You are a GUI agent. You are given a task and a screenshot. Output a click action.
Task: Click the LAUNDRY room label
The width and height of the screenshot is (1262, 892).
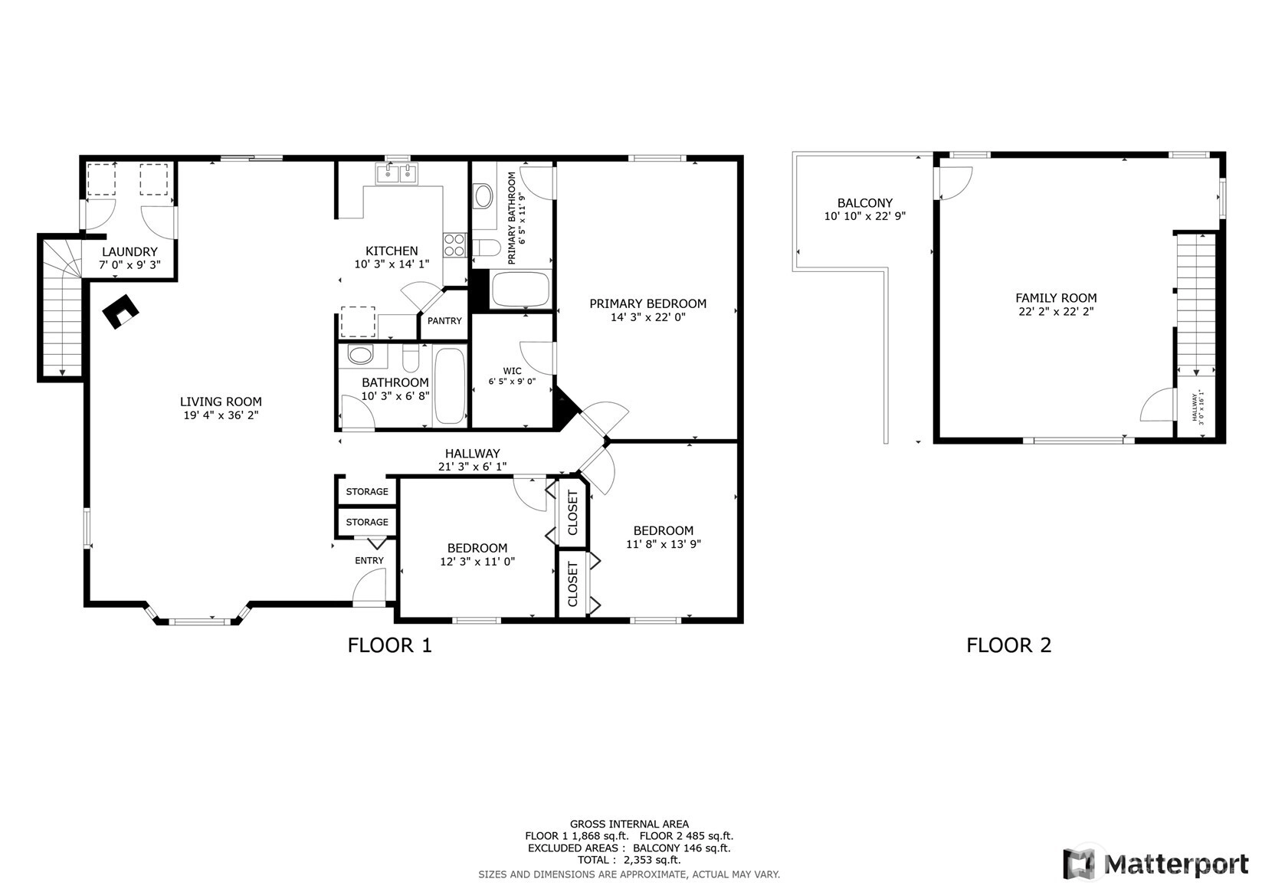tap(129, 252)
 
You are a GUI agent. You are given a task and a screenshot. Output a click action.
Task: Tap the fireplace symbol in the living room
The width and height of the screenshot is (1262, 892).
tap(120, 312)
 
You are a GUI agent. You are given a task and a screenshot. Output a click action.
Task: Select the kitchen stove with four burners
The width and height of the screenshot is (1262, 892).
tap(454, 245)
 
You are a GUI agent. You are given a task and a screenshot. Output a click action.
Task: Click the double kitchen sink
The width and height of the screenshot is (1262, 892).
tap(397, 173)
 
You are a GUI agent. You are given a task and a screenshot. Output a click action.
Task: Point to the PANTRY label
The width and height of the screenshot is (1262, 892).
tap(444, 320)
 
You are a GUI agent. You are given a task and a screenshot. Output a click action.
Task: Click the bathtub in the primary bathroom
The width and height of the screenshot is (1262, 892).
tap(520, 289)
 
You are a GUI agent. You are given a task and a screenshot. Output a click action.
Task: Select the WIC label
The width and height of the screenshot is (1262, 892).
tap(512, 371)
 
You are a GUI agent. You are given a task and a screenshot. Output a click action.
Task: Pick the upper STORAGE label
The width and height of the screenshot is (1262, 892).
tap(367, 491)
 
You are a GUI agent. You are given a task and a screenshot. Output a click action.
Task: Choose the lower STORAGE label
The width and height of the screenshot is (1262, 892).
tap(367, 522)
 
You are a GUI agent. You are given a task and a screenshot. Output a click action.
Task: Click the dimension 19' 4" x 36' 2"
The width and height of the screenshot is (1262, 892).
tap(221, 415)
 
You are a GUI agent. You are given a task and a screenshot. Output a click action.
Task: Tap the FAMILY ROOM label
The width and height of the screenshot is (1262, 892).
tap(1056, 298)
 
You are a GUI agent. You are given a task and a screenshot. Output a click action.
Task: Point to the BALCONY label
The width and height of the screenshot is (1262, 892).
tap(865, 203)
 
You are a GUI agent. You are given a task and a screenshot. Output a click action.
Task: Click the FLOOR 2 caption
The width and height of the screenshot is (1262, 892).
tap(1009, 645)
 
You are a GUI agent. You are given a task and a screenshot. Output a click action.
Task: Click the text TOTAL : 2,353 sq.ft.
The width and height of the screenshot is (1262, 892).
tap(629, 860)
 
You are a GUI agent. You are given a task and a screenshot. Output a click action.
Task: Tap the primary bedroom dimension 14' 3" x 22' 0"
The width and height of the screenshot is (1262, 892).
tap(648, 317)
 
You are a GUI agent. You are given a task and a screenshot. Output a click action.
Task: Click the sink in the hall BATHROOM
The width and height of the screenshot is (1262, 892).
tap(360, 355)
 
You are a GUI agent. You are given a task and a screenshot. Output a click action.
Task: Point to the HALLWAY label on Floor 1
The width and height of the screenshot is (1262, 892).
tap(473, 453)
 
